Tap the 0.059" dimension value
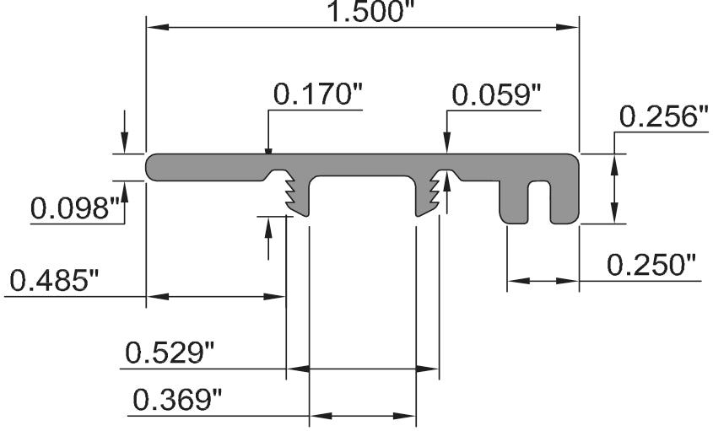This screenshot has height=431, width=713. pos(496,95)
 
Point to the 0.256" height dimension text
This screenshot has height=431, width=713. pos(663,117)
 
